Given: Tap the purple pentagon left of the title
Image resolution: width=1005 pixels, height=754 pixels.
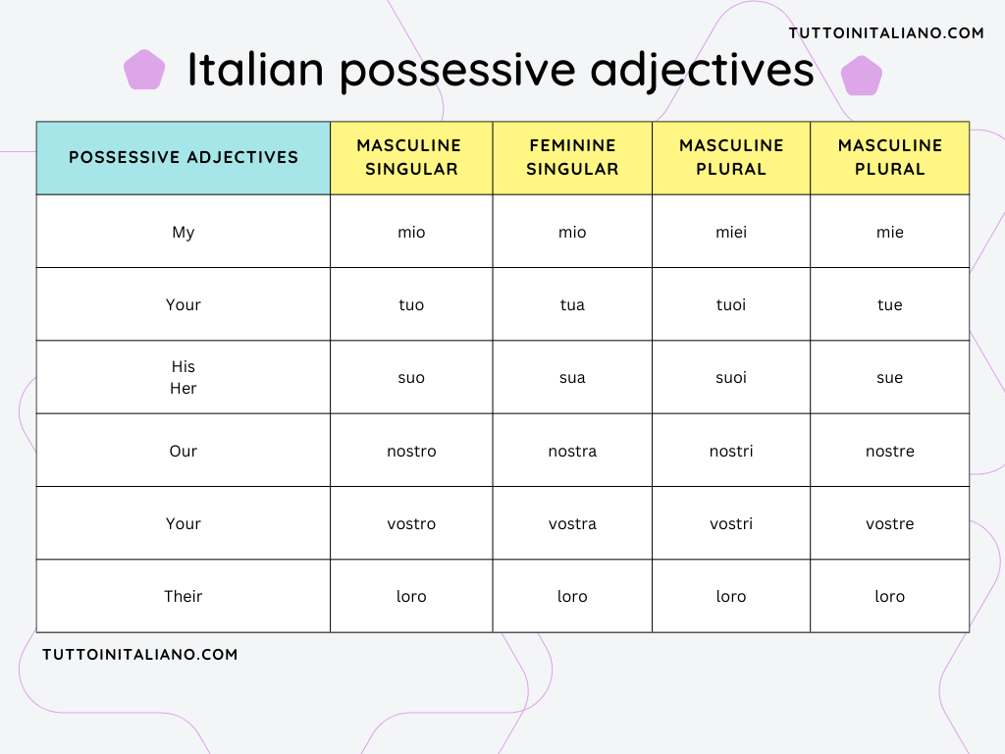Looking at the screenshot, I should click(144, 70).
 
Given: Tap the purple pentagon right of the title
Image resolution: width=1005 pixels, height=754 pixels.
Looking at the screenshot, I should click(861, 76).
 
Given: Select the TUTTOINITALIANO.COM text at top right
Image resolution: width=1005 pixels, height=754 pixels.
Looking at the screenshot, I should click(886, 33).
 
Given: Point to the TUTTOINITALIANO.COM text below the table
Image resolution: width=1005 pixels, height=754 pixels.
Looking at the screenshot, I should click(140, 654).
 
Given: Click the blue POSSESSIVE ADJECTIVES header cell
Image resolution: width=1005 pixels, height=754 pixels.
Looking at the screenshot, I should click(184, 157).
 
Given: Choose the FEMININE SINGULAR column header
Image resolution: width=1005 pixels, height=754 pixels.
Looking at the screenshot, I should click(572, 157).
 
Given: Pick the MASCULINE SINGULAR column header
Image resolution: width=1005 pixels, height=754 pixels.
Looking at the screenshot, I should click(411, 157).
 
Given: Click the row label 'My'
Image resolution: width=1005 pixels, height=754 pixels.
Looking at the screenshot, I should click(184, 232).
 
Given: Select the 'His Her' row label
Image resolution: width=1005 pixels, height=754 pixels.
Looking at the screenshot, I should click(184, 377).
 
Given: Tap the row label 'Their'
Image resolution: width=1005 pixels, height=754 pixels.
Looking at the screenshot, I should click(184, 596).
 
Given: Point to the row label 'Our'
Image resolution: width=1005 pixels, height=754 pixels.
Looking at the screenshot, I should click(184, 451).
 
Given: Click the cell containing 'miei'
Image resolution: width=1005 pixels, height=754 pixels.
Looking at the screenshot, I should click(731, 232).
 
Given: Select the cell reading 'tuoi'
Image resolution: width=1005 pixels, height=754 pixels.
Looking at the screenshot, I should click(731, 304).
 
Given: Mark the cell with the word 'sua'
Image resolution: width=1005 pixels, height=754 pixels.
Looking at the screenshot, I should click(572, 377).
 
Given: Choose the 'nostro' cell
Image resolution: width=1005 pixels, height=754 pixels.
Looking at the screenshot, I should click(411, 451).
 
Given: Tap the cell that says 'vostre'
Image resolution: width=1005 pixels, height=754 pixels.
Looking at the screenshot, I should click(889, 523).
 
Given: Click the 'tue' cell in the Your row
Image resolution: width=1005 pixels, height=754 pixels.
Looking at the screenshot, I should click(889, 304).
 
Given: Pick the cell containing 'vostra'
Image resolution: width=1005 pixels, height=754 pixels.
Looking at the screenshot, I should click(572, 523).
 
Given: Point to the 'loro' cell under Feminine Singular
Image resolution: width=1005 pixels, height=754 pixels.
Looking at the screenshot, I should click(572, 596).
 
